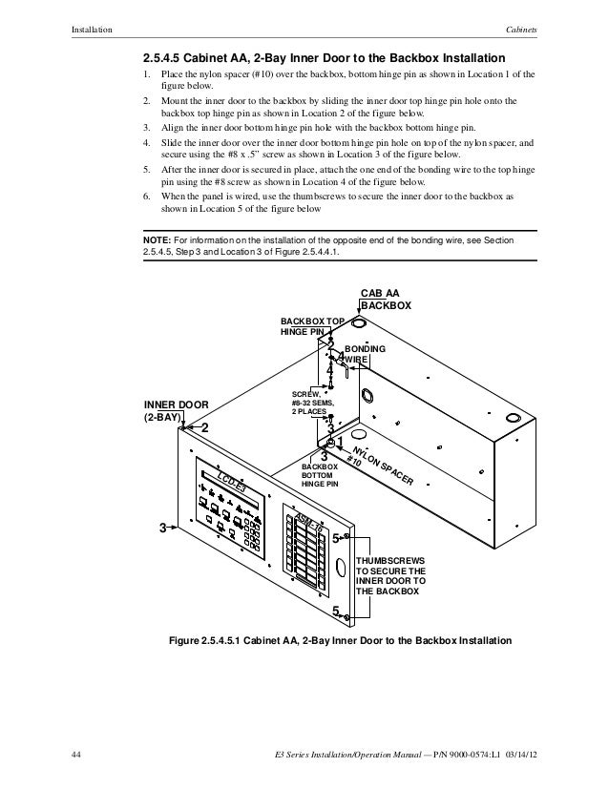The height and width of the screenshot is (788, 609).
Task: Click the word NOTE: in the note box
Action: pyautogui.click(x=157, y=242)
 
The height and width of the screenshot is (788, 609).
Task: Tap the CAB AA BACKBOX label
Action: pyautogui.click(x=385, y=300)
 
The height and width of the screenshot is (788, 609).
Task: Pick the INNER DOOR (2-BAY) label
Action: pyautogui.click(x=175, y=410)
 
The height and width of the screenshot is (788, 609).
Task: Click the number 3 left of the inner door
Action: pyautogui.click(x=163, y=528)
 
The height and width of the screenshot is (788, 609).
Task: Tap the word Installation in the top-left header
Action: pyautogui.click(x=93, y=29)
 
